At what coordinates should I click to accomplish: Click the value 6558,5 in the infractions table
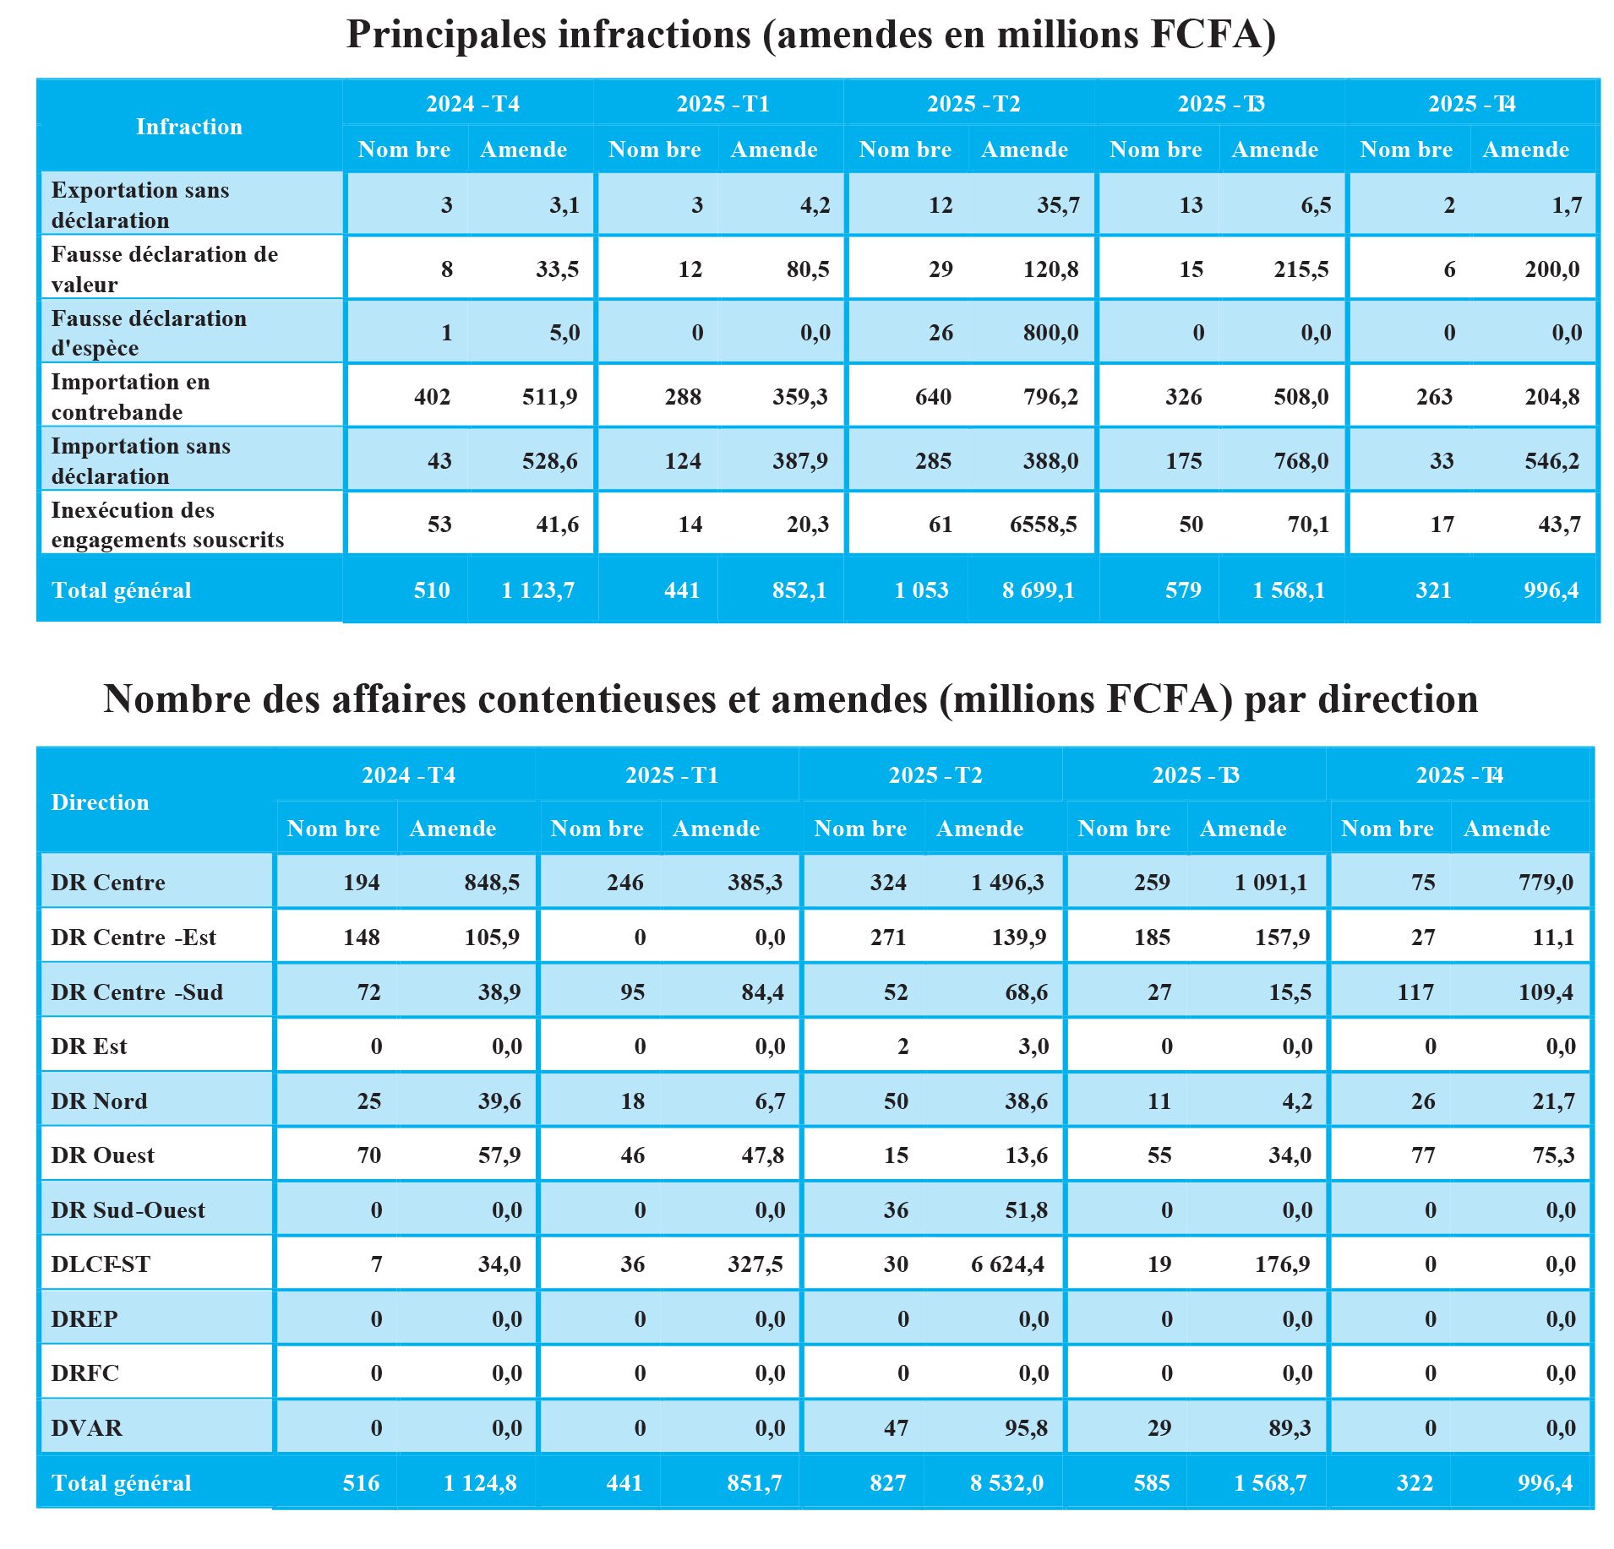pos(1043,524)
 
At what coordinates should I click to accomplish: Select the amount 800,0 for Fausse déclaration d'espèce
pos(1050,333)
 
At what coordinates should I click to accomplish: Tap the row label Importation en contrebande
pos(130,396)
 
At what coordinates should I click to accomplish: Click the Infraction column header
pos(189,127)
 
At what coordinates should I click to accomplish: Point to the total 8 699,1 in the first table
pos(1038,590)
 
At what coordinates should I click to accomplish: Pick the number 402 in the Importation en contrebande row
pos(432,397)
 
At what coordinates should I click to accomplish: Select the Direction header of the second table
pos(100,802)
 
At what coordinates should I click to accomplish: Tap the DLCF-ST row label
pos(101,1264)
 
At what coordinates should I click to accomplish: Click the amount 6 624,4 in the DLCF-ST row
pos(1007,1264)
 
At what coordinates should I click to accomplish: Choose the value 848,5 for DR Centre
pos(492,883)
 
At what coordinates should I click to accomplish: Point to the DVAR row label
pos(86,1428)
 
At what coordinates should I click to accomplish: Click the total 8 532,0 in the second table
pos(1006,1483)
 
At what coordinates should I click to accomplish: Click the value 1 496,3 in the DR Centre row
pos(1007,883)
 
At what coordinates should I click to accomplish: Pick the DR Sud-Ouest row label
pos(128,1210)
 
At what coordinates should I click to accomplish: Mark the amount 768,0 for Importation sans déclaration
pos(1300,461)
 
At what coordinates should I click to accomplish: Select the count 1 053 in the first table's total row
pos(921,590)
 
